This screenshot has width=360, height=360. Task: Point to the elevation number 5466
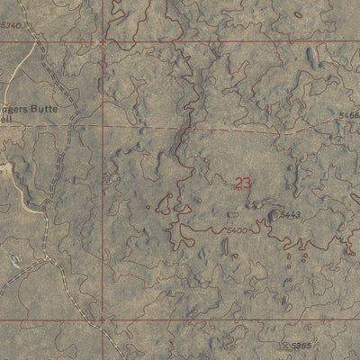(x=349, y=115)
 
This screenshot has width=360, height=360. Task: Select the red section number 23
(x=243, y=183)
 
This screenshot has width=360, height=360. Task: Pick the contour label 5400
(x=237, y=230)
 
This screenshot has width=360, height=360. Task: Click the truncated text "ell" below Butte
(x=7, y=116)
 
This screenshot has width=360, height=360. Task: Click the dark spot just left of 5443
(x=273, y=214)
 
